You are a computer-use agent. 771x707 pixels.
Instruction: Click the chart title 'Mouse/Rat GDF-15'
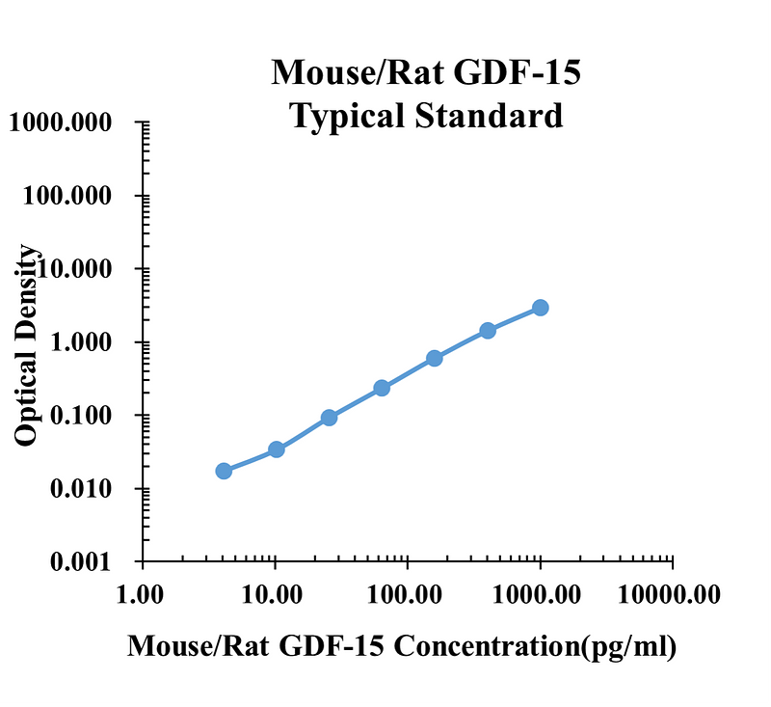[x=427, y=73]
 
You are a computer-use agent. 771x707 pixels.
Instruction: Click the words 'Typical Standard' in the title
[x=427, y=116]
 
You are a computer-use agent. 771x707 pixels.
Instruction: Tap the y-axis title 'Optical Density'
[x=29, y=345]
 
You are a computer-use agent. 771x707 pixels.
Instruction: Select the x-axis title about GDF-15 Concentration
[x=402, y=645]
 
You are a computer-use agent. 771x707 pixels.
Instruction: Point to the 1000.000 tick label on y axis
[x=62, y=122]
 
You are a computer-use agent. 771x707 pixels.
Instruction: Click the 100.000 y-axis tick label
[x=66, y=196]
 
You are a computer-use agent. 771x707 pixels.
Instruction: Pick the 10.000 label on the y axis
[x=72, y=269]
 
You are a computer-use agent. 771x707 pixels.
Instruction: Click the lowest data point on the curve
[x=224, y=471]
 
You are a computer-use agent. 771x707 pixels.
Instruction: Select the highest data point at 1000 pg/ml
[x=541, y=308]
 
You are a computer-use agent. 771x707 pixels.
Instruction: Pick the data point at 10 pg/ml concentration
[x=277, y=449]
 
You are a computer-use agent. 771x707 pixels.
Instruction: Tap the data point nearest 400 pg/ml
[x=488, y=331]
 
